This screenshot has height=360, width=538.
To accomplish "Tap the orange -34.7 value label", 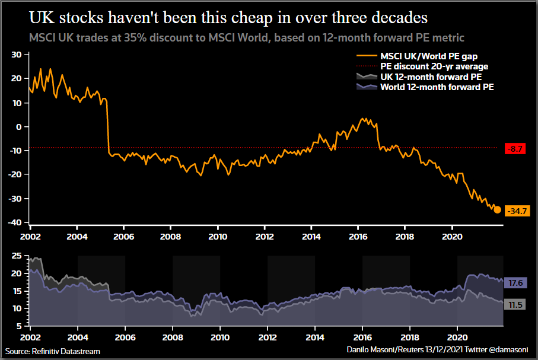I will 517,211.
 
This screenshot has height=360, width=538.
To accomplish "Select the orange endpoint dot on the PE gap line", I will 497,210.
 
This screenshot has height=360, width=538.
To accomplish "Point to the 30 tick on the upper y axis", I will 17,55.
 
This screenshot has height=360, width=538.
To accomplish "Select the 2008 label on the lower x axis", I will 172,337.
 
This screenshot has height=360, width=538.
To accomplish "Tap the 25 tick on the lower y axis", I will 17,257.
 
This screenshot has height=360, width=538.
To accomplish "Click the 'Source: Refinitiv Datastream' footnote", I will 53,351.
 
